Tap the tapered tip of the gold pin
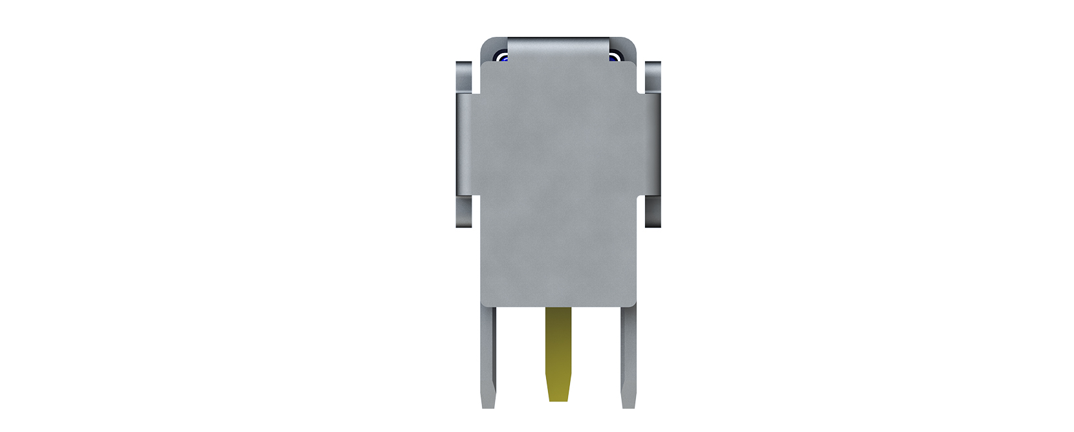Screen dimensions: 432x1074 [558, 393]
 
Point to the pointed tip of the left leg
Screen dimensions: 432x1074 [488, 404]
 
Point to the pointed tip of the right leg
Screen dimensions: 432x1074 [629, 404]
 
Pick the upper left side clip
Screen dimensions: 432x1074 [464, 76]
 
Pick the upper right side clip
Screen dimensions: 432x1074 [653, 76]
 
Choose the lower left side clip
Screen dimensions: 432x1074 [464, 212]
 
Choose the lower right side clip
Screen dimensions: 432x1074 [653, 212]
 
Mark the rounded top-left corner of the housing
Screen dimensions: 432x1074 [487, 43]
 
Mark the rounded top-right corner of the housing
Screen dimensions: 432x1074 [630, 43]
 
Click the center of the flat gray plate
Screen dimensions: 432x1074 [558, 184]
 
